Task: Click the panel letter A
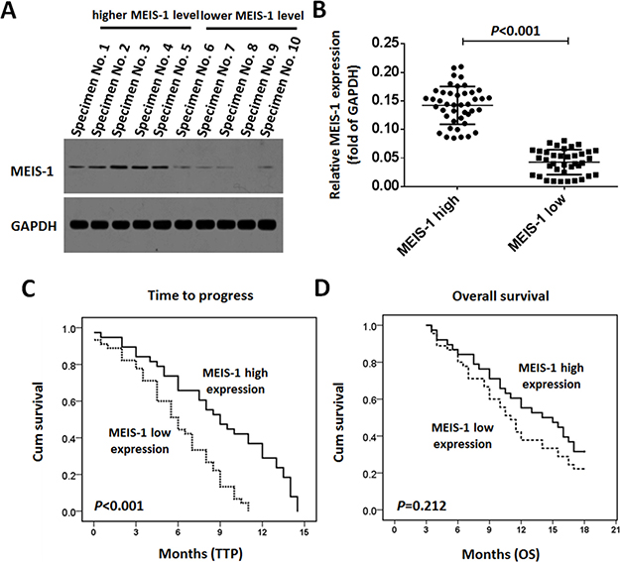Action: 11,13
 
